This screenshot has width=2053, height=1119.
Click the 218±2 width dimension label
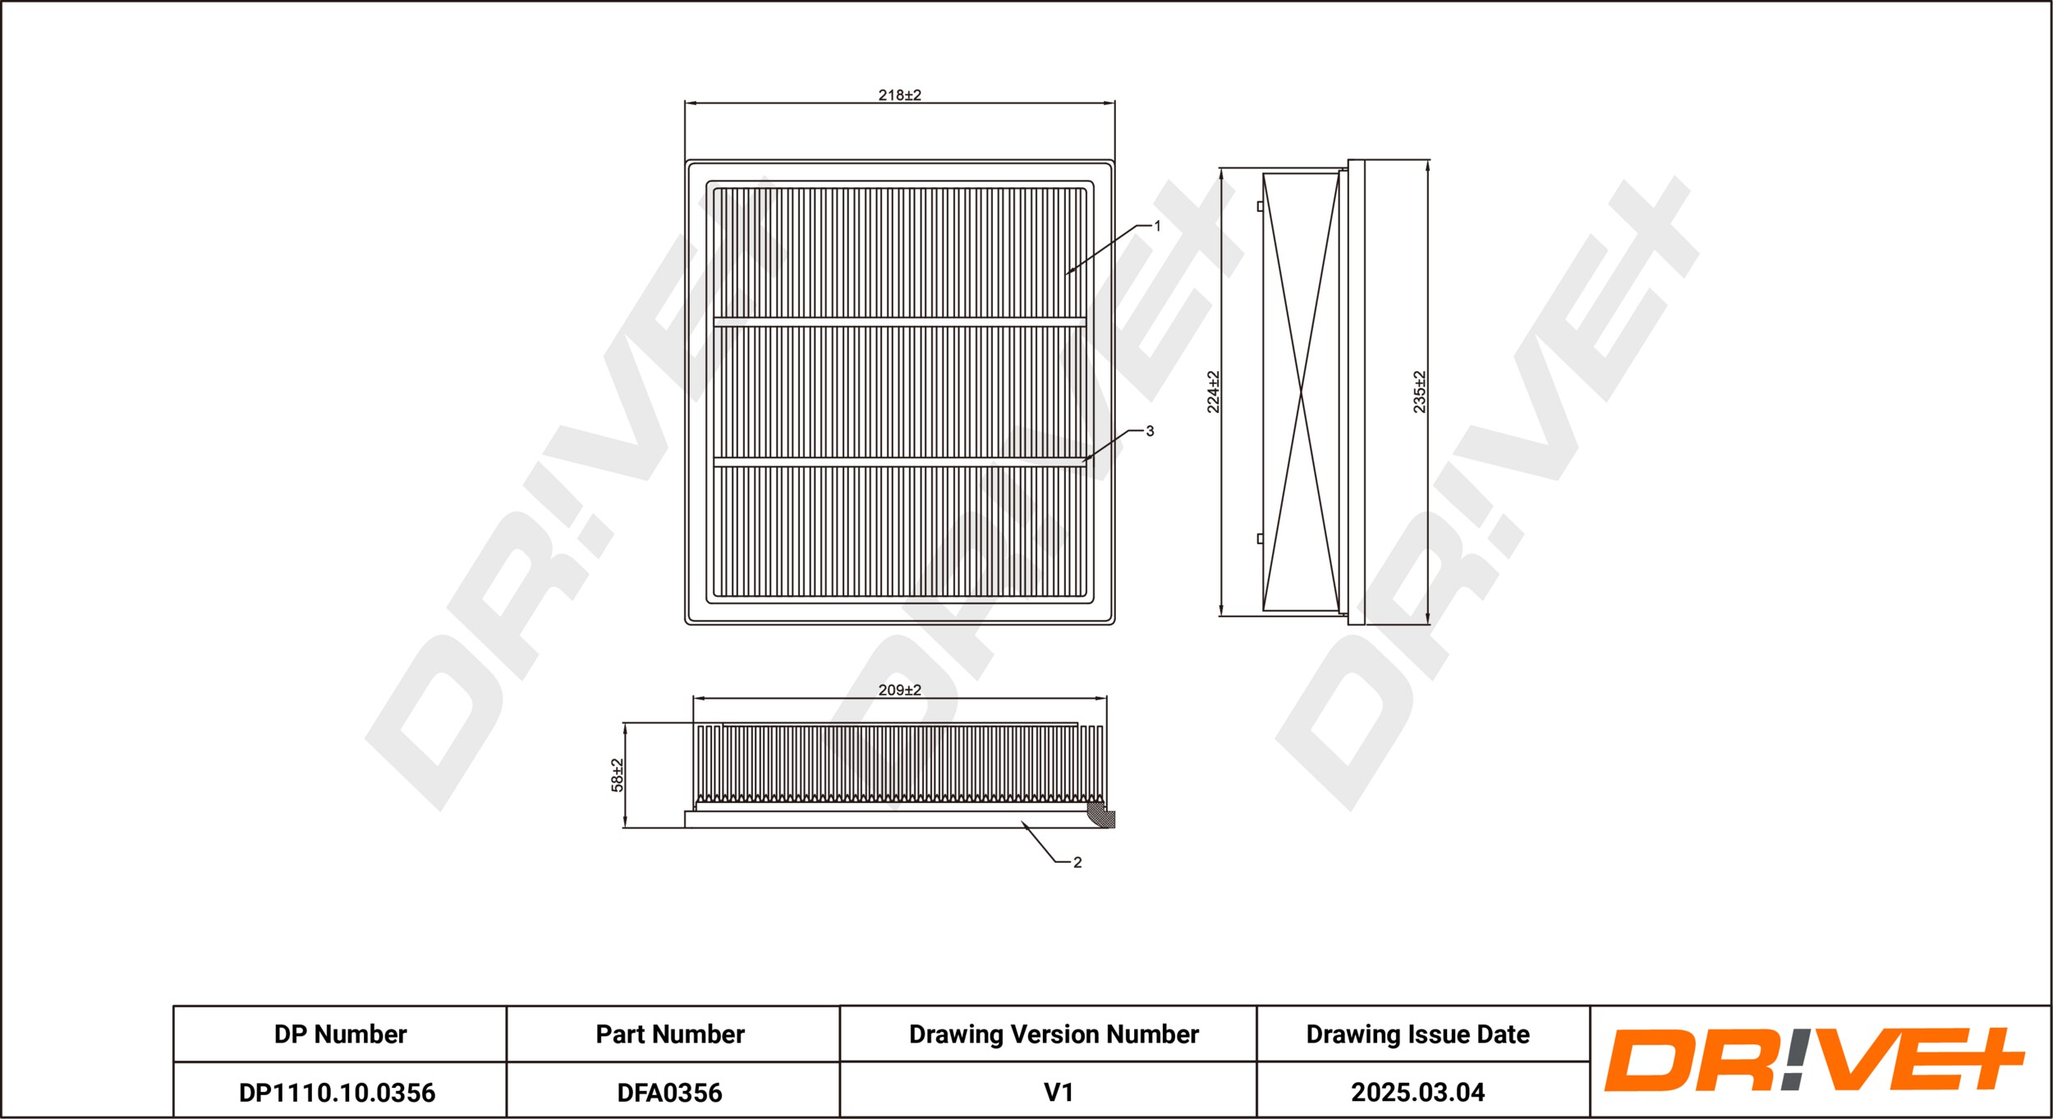(899, 95)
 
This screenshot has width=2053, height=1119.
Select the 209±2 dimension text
(899, 690)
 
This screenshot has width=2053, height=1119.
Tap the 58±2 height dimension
(618, 774)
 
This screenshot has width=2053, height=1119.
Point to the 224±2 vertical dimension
(1213, 392)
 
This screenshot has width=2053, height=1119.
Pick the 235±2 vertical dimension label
(1419, 392)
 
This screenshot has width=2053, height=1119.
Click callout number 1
(1157, 226)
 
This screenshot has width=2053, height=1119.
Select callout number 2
(1077, 862)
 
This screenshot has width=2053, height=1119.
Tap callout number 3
(1150, 431)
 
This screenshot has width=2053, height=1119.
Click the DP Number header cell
(340, 1034)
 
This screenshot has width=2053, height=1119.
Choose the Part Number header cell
(670, 1034)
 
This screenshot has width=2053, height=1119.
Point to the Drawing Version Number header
(1054, 1034)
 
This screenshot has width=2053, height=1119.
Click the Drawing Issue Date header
(1417, 1034)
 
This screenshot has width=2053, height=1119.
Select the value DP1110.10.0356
(337, 1093)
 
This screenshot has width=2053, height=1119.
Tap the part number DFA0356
(670, 1093)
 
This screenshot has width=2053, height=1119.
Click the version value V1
(1059, 1093)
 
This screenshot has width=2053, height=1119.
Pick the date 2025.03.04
(1417, 1093)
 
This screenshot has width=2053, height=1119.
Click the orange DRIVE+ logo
(1814, 1060)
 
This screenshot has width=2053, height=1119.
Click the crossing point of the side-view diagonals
(1302, 395)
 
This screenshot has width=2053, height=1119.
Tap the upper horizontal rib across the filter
(899, 322)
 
